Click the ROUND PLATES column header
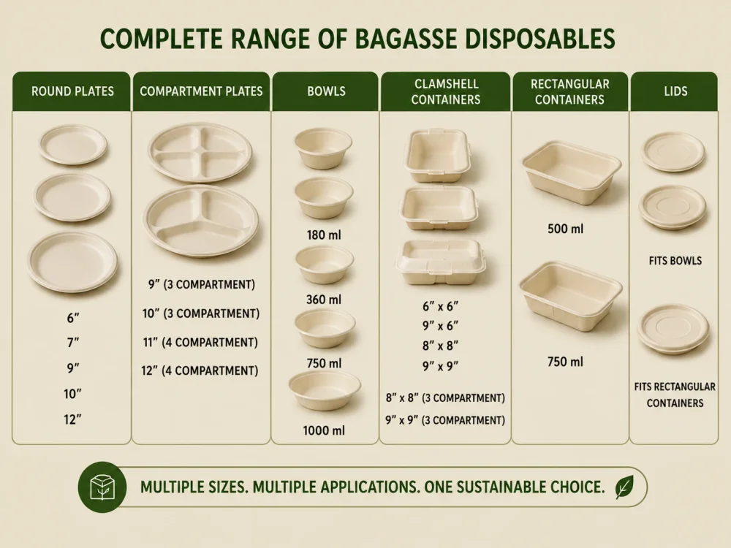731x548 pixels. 72,91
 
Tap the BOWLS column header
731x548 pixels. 326,91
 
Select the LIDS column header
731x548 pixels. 675,91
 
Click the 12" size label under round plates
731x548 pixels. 72,419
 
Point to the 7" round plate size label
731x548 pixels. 72,343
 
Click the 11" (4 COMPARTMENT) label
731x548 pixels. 200,343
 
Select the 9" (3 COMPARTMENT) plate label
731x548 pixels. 202,284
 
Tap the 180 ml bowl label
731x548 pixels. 324,235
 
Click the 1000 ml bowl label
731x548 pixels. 324,430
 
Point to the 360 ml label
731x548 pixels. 324,300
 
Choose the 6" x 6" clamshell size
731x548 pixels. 441,307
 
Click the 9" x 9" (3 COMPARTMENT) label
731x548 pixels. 445,420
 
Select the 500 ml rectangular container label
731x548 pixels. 566,229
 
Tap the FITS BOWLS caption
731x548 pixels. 675,261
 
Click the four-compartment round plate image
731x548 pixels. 200,152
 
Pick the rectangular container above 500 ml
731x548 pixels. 572,172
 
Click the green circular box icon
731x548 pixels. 102,487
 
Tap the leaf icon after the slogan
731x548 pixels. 624,487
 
